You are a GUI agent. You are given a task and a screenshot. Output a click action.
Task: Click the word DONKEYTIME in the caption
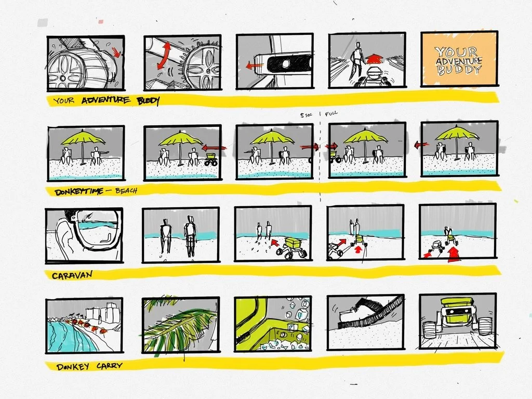click(x=77, y=192)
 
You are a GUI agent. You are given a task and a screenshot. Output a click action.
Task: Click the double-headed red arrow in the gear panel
click(x=163, y=56)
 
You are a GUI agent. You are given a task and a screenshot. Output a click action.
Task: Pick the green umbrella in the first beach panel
click(x=83, y=138)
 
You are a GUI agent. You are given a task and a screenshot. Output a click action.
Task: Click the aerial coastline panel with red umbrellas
click(x=84, y=325)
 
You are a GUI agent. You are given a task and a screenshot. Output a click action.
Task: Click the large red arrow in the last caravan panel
click(x=454, y=255)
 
